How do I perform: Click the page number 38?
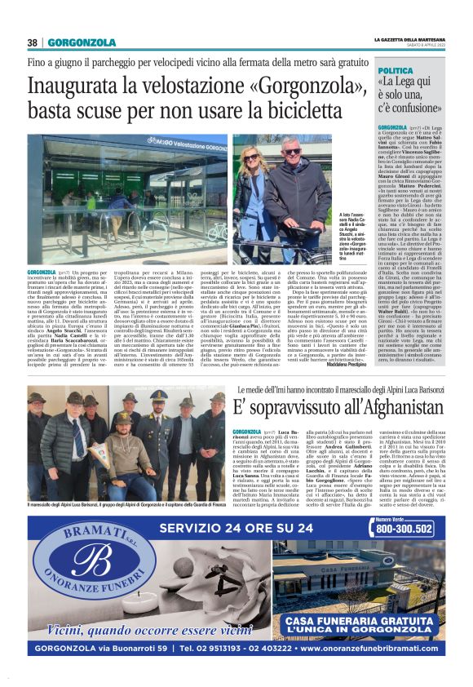33,42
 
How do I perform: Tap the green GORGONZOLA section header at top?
82,42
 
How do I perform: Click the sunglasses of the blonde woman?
251,157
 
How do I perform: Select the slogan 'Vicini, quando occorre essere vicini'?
139,629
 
